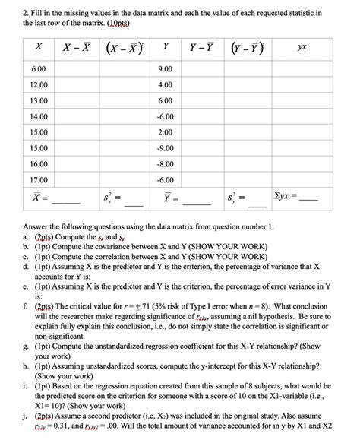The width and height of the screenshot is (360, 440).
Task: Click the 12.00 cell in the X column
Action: [x=39, y=84]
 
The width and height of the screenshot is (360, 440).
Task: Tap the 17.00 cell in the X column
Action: [x=39, y=180]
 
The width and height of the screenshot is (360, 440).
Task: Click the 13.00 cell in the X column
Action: [x=39, y=100]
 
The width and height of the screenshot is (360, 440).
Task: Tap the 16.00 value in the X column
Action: [x=39, y=164]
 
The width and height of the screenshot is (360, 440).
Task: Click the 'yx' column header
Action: [x=302, y=47]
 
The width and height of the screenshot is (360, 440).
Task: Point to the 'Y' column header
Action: [x=166, y=47]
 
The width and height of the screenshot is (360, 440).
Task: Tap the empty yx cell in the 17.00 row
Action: [x=302, y=180]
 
